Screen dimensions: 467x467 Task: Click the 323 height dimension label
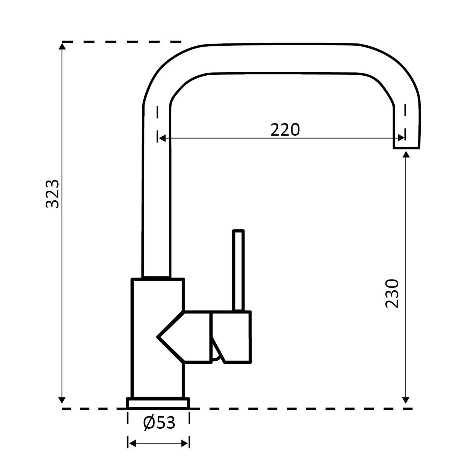point(52,194)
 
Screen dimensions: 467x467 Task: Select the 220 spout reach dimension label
point(285,130)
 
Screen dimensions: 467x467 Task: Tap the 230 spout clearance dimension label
point(392,293)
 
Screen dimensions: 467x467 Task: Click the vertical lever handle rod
point(238,271)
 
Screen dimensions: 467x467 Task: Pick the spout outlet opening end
point(406,148)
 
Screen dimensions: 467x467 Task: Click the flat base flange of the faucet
point(158,403)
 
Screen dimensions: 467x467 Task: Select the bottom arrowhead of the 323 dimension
point(62,400)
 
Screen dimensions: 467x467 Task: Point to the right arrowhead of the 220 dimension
point(401,138)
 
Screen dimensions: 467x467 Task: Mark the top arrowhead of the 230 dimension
point(406,154)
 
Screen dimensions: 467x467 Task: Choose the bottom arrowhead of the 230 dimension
point(406,400)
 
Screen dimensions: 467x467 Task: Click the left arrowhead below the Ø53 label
point(132,444)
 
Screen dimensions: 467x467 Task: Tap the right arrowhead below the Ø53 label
point(185,444)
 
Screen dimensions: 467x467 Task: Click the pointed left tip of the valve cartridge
point(157,337)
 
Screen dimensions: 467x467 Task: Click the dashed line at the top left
point(121,42)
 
